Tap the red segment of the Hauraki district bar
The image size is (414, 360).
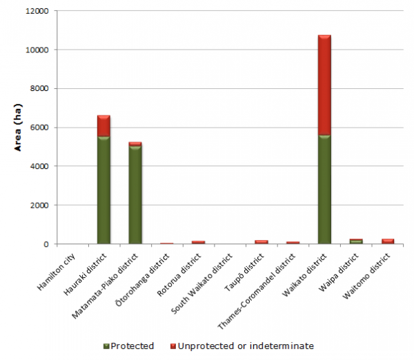[104, 126]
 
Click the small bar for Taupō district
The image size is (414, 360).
[261, 241]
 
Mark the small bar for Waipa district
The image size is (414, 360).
[356, 241]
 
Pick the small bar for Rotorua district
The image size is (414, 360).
[199, 242]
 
